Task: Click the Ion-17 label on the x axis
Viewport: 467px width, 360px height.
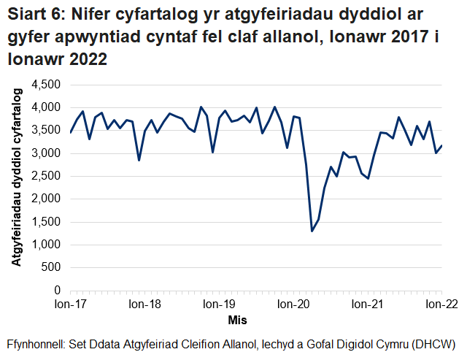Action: pyautogui.click(x=71, y=305)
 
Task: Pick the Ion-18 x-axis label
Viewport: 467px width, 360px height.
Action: pyautogui.click(x=144, y=305)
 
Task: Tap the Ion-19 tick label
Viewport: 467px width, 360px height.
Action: pyautogui.click(x=218, y=305)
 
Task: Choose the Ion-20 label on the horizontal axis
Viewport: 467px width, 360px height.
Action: pyautogui.click(x=293, y=305)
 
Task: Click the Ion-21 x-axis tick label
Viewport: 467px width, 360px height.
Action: pyautogui.click(x=366, y=305)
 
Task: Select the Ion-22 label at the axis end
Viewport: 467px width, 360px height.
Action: pyautogui.click(x=441, y=305)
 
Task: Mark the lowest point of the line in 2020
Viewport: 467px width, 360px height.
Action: pyautogui.click(x=312, y=231)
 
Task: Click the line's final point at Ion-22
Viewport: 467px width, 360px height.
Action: pyautogui.click(x=441, y=146)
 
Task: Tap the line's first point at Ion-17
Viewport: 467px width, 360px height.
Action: pyautogui.click(x=70, y=132)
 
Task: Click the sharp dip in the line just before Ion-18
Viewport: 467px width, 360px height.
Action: pyautogui.click(x=139, y=160)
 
